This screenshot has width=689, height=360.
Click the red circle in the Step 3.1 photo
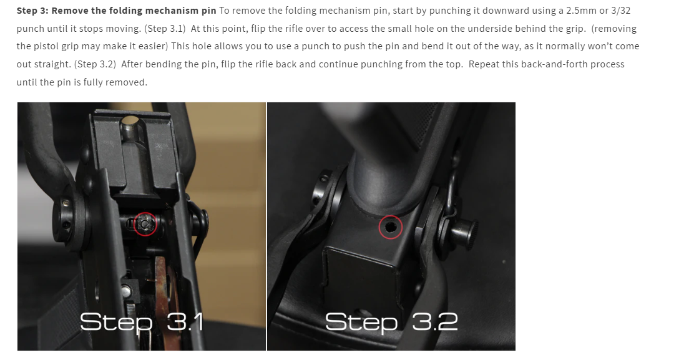145,213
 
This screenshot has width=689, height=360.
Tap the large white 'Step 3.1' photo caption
142,322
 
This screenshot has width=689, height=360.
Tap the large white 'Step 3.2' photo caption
391,322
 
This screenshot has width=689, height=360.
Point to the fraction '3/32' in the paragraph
621,11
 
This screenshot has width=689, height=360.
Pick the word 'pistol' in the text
41,46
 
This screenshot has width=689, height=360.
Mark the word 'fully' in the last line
91,82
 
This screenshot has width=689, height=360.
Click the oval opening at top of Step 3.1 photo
129,120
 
